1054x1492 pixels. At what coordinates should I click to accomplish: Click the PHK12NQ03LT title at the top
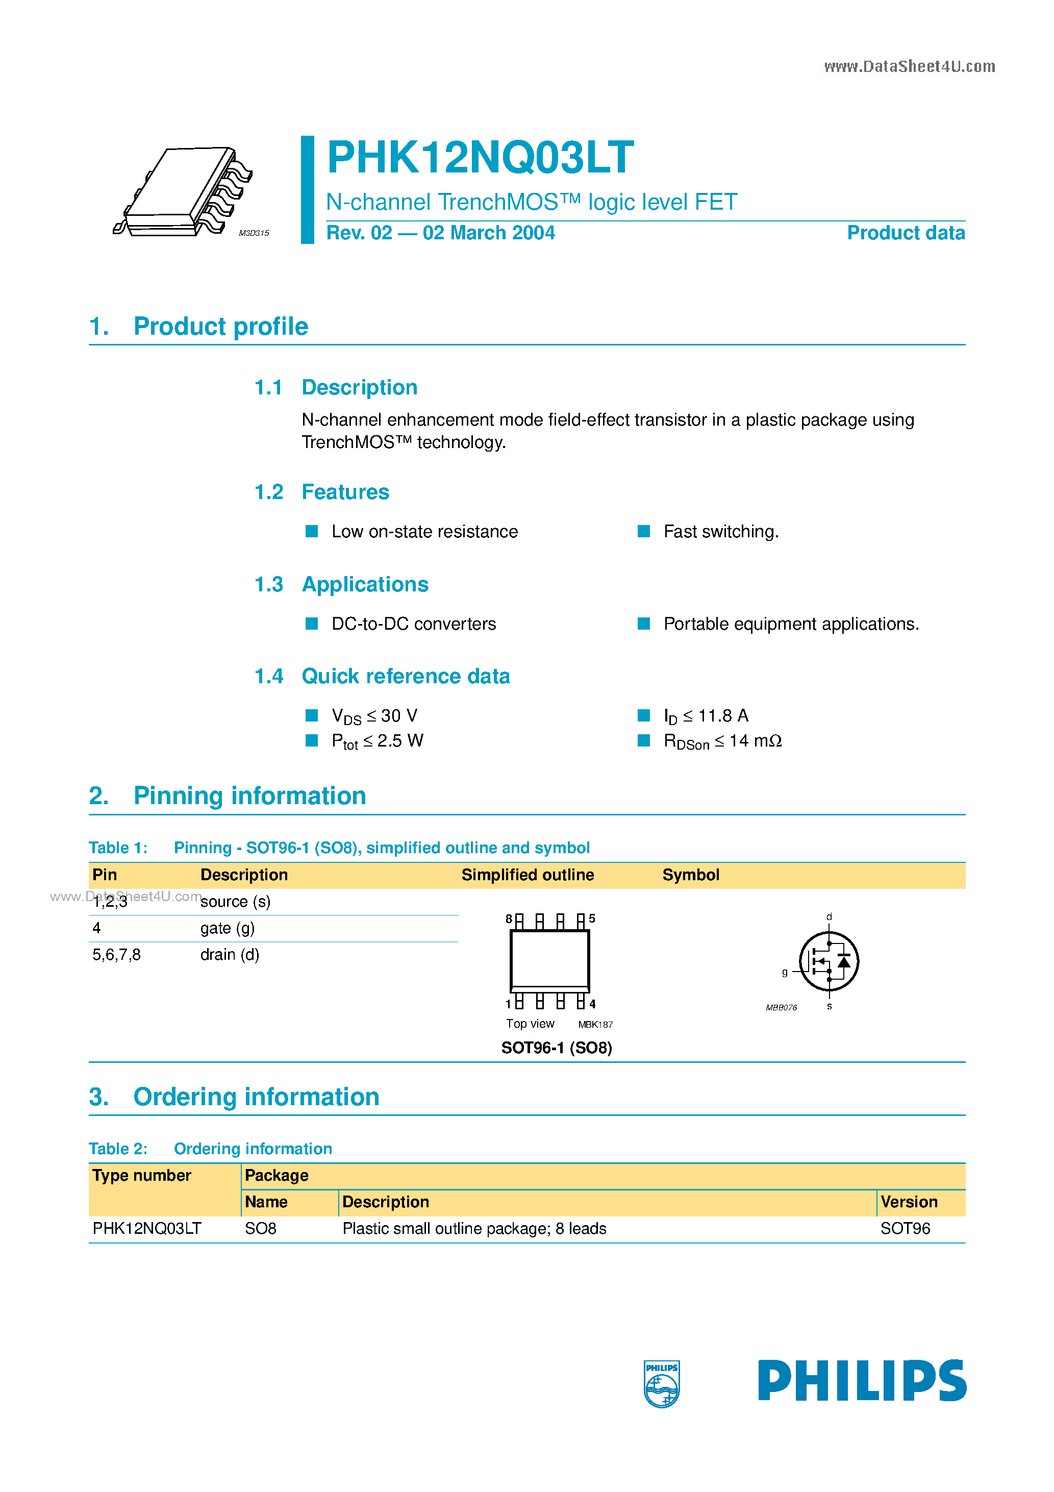480,158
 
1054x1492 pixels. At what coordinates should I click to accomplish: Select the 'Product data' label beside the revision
905,233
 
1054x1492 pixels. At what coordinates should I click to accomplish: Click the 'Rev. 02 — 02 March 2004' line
440,233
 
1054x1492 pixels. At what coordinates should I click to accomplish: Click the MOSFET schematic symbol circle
829,961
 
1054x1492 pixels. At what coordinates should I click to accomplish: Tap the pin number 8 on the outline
509,919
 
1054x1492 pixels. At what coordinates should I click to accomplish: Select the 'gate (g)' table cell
228,928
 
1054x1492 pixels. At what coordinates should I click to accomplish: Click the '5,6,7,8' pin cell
116,955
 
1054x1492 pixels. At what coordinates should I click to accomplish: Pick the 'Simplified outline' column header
527,875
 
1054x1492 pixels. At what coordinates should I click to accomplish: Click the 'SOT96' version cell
905,1228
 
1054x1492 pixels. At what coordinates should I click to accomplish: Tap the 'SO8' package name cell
261,1228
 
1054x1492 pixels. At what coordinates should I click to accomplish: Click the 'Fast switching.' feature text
721,532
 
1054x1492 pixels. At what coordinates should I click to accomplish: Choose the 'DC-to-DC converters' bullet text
413,624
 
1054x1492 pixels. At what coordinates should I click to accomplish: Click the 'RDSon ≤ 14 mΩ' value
722,741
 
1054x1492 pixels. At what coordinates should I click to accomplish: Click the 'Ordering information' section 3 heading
256,1097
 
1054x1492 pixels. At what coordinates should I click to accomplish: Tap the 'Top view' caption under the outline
530,1024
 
